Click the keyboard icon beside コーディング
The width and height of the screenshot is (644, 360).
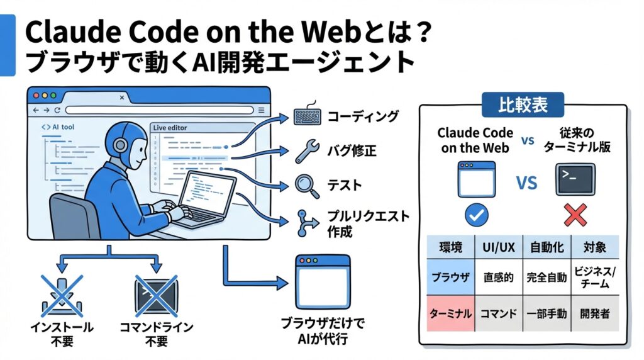tap(308, 117)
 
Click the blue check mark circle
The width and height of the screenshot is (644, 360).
tap(476, 215)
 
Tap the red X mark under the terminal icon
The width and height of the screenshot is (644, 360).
tap(575, 215)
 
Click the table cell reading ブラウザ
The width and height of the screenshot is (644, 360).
tap(450, 277)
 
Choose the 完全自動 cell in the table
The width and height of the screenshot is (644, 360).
tap(547, 277)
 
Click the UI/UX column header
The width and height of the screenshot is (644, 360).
tap(498, 247)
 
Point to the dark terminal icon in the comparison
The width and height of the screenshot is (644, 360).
tap(575, 179)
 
